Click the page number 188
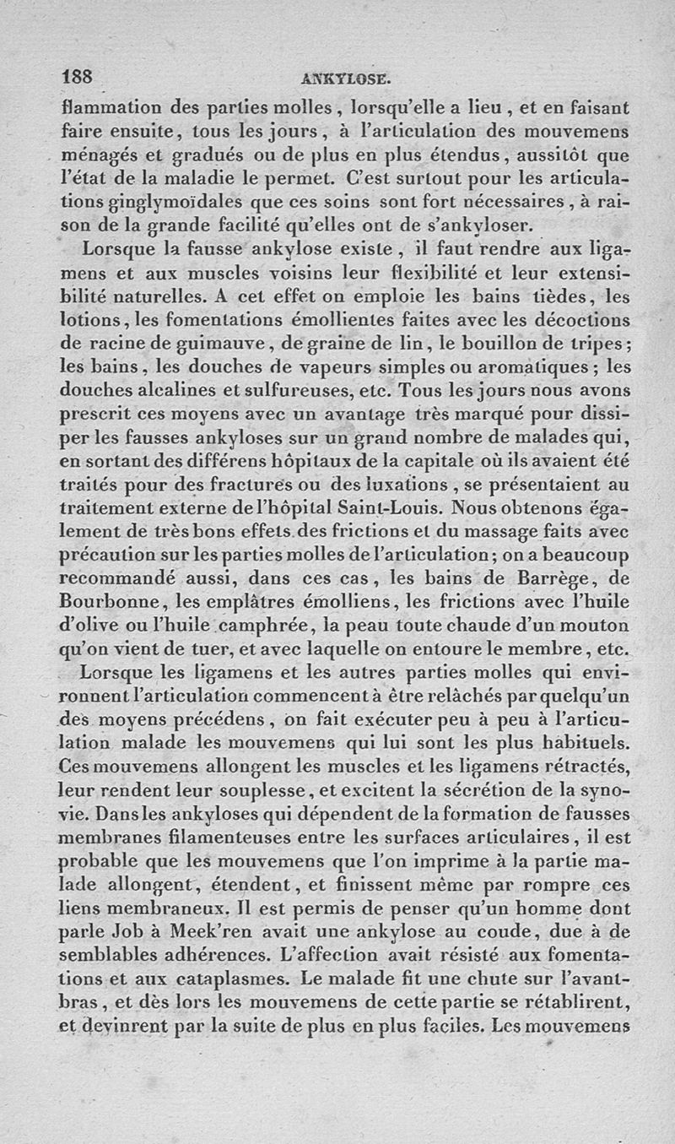pyautogui.click(x=81, y=75)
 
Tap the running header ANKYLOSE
pyautogui.click(x=345, y=79)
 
